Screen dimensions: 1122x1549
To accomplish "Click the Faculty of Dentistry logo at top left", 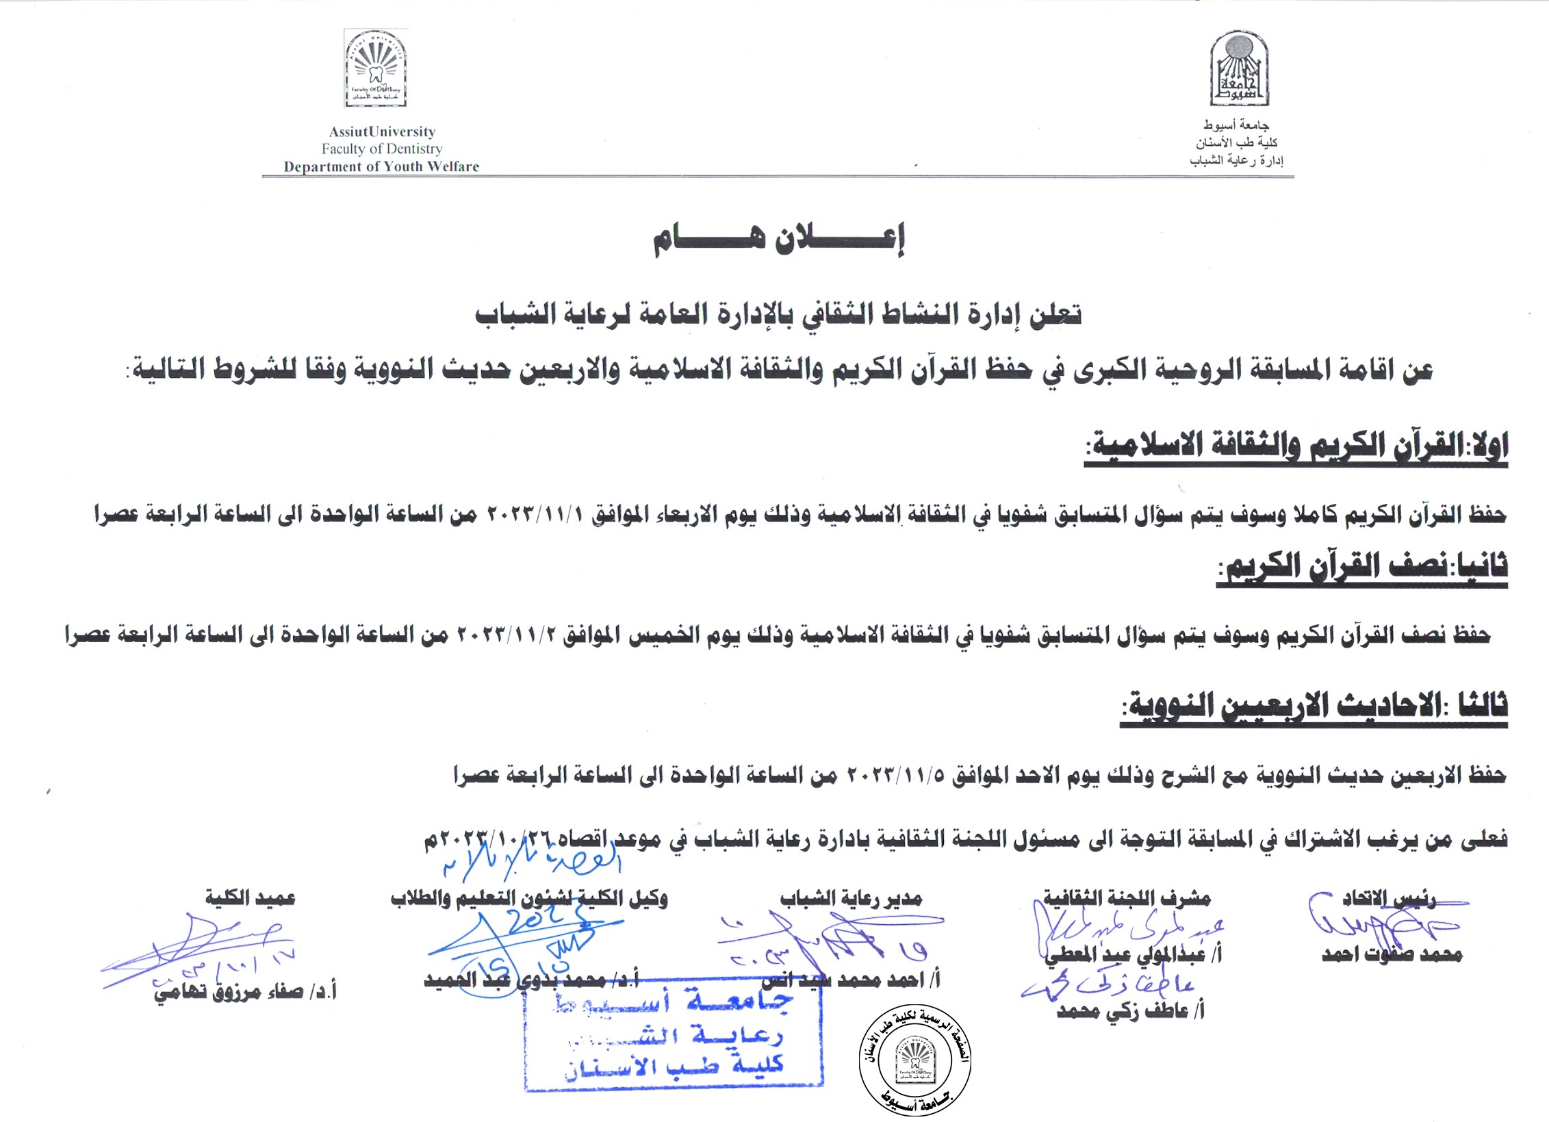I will [375, 69].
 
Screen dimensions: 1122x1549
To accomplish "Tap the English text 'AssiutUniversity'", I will [382, 131].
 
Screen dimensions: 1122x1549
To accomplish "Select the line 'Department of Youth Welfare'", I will [381, 166].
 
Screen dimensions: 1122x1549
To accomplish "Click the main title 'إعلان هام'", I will [778, 239].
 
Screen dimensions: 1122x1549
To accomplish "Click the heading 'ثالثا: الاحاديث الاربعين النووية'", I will [1314, 706].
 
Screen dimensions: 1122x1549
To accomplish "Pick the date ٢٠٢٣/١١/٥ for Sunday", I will [896, 774].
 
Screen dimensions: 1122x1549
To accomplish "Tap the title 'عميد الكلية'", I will [250, 897].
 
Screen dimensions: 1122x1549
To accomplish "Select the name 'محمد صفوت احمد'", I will [1392, 954].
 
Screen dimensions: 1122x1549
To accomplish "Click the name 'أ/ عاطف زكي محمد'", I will [1130, 1010].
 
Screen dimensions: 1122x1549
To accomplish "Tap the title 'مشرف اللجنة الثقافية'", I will [1127, 898].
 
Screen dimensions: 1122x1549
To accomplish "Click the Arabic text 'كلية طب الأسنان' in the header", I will [1236, 143].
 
